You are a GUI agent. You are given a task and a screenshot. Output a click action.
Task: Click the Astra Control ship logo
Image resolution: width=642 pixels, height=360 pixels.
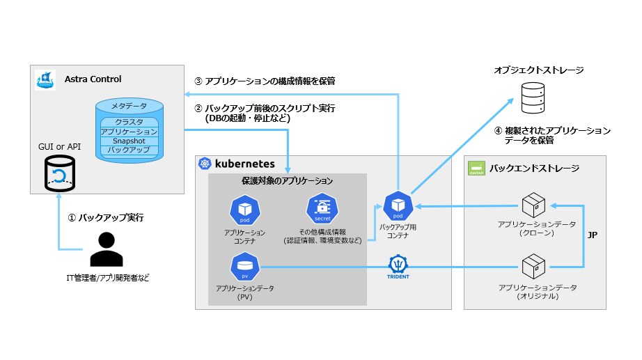pyautogui.click(x=45, y=79)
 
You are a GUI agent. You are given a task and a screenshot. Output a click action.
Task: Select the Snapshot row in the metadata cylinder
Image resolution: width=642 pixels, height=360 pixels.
pyautogui.click(x=129, y=141)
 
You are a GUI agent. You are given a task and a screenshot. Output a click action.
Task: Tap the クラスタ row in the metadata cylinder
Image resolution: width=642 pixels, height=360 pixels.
pyautogui.click(x=129, y=121)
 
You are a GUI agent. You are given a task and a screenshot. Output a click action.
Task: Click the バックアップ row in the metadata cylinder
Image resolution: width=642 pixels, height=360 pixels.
pyautogui.click(x=129, y=150)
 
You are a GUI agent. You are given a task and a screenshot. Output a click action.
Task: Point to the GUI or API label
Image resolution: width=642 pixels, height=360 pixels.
pyautogui.click(x=60, y=148)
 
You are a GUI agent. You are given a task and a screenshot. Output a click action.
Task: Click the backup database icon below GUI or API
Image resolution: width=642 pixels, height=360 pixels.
pyautogui.click(x=59, y=173)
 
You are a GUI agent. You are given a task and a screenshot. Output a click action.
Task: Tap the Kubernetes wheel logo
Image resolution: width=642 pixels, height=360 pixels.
pyautogui.click(x=205, y=164)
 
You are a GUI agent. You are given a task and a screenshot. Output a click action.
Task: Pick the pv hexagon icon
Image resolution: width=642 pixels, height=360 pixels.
pyautogui.click(x=244, y=267)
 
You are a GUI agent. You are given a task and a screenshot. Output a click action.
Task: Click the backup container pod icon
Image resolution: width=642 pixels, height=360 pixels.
pyautogui.click(x=398, y=205)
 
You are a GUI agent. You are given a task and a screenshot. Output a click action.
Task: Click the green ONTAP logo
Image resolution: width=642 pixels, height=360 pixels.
pyautogui.click(x=477, y=167)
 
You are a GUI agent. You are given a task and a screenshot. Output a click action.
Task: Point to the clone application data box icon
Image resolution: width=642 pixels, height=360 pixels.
pyautogui.click(x=535, y=205)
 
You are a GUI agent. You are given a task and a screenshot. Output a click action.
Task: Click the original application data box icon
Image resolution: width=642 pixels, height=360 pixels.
pyautogui.click(x=535, y=266)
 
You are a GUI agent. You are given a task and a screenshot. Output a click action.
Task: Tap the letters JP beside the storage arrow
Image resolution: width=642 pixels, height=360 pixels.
pyautogui.click(x=593, y=235)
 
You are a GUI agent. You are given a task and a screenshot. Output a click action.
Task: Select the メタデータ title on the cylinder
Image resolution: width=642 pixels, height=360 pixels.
pyautogui.click(x=129, y=106)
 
